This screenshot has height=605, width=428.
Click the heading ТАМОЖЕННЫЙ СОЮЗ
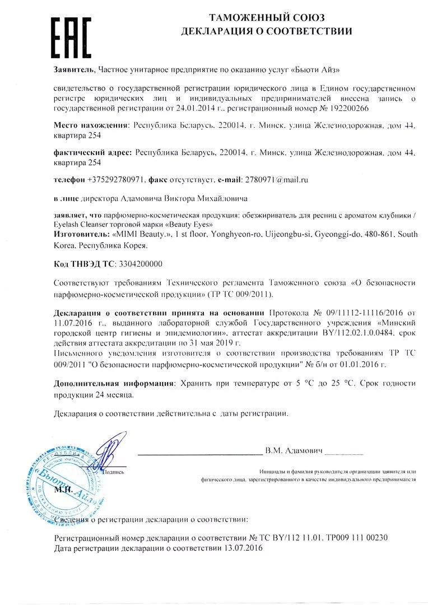tap(266, 18)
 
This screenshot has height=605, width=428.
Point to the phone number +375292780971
tap(117, 180)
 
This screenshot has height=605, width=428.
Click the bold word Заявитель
tap(75, 69)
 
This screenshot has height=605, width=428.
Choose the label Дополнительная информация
tap(113, 384)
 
